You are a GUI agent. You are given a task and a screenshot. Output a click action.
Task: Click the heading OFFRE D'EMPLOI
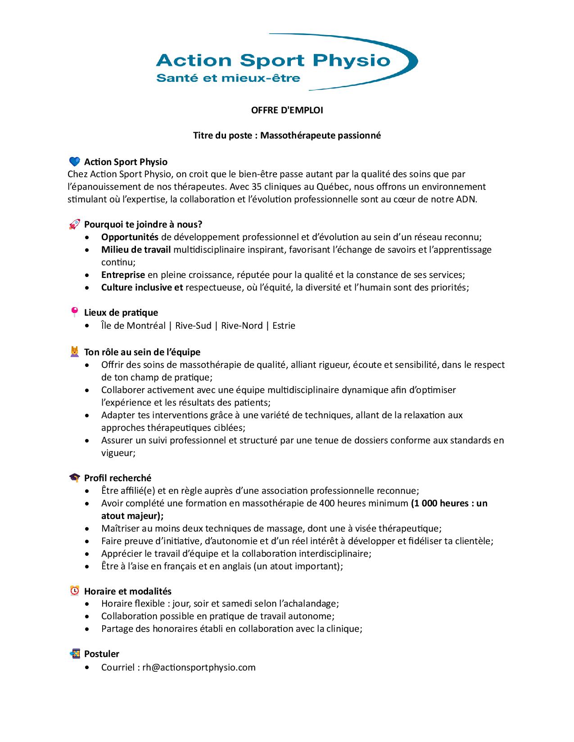(x=287, y=110)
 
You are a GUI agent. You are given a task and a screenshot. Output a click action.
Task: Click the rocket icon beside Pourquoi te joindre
(x=74, y=224)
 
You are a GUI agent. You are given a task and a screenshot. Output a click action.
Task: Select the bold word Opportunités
(x=130, y=237)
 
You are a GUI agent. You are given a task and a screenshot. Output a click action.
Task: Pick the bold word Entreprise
(x=123, y=275)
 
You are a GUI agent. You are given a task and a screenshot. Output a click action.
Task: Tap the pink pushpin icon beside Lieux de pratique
(x=74, y=312)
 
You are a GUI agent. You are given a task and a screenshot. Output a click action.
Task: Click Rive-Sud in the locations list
(x=193, y=326)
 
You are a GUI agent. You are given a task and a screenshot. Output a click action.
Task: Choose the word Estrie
(x=284, y=326)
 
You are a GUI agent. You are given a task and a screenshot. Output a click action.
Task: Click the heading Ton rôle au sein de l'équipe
(x=142, y=352)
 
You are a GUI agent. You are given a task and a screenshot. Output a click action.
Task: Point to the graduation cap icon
(x=74, y=478)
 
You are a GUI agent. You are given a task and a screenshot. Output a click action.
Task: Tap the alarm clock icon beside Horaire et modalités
(x=74, y=591)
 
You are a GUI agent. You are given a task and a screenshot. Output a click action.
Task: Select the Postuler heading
(x=102, y=654)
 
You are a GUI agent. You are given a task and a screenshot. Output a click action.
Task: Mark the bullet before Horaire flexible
(x=87, y=604)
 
